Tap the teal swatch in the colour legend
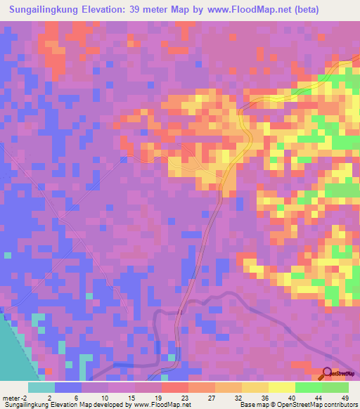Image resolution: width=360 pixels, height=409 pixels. (41, 387)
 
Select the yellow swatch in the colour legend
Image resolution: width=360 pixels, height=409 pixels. (281, 387)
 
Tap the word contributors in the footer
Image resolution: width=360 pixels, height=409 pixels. (338, 405)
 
